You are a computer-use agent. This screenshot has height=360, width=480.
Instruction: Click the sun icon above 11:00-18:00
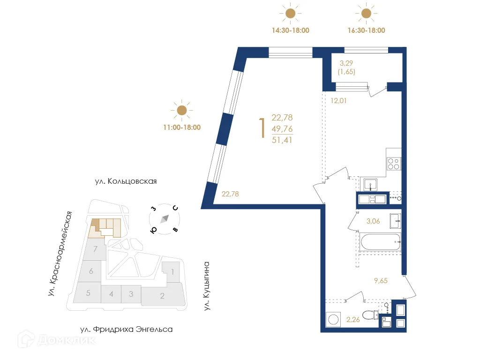(x=181, y=111)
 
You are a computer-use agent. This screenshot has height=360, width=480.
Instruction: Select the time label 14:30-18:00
(x=291, y=30)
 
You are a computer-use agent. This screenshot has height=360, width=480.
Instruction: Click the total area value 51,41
(x=282, y=139)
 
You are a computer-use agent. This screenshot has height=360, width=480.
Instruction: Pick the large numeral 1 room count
(x=262, y=128)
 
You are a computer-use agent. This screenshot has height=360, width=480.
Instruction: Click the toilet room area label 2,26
(x=353, y=321)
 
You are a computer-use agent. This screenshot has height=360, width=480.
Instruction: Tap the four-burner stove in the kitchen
(x=393, y=164)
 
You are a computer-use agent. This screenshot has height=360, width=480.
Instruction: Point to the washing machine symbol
(x=334, y=319)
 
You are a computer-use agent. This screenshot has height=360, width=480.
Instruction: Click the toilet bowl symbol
(x=371, y=315)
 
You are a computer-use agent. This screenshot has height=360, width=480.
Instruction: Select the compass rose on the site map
(x=165, y=219)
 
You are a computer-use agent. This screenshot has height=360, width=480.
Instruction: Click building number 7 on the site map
(x=95, y=249)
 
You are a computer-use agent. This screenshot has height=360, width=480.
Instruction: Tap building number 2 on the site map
(x=162, y=296)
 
